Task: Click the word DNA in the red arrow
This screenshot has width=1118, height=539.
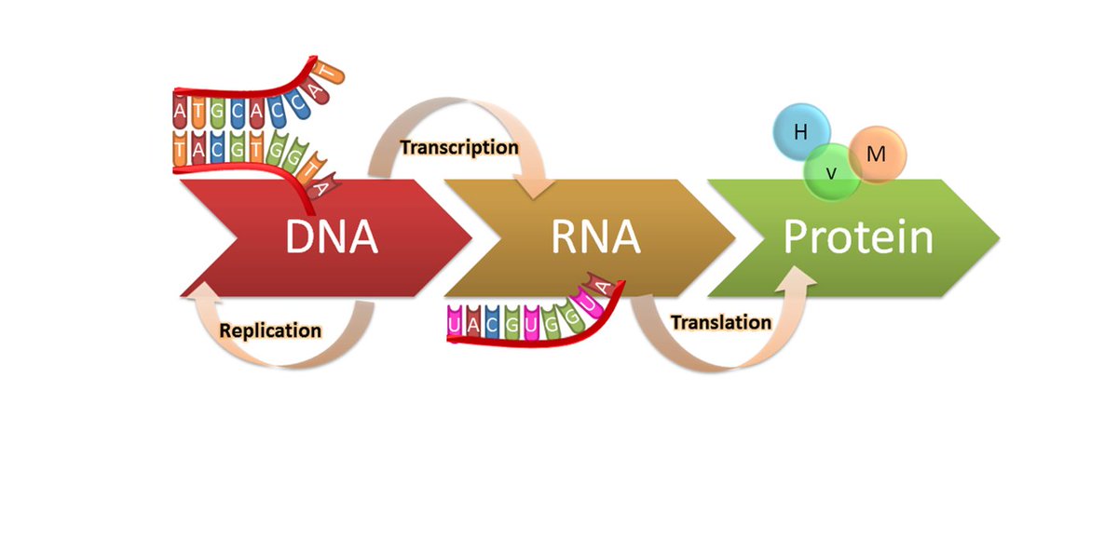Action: (332, 237)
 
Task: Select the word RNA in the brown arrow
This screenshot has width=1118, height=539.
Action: (596, 237)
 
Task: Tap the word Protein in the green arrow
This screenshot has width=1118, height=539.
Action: (858, 237)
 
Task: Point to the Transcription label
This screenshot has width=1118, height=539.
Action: (458, 147)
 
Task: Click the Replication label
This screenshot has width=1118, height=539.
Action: (270, 330)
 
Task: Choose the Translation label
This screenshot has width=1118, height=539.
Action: (721, 323)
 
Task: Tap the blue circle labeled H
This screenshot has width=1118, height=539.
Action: (799, 132)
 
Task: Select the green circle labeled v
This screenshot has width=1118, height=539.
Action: (832, 171)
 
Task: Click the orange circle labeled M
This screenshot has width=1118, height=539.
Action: (877, 154)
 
